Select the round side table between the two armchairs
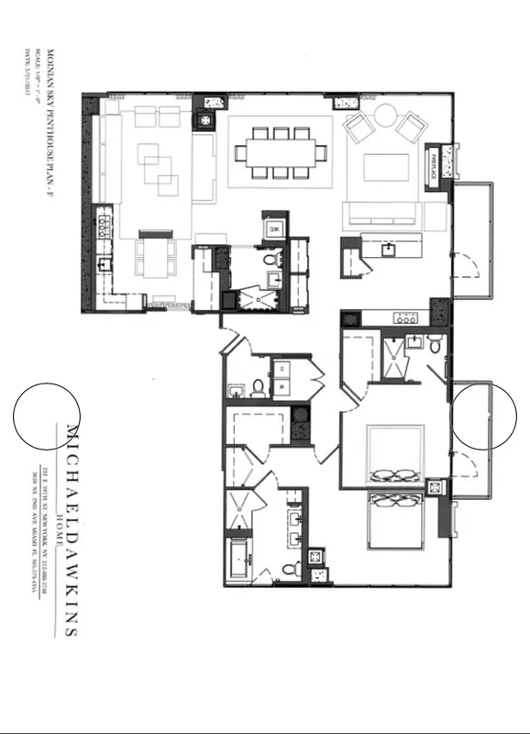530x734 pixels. (384, 116)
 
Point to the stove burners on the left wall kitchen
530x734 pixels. (105, 222)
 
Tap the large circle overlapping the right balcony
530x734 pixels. (485, 417)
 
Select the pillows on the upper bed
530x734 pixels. (394, 475)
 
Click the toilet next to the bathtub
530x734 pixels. (290, 569)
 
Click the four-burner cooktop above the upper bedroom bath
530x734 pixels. (404, 318)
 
